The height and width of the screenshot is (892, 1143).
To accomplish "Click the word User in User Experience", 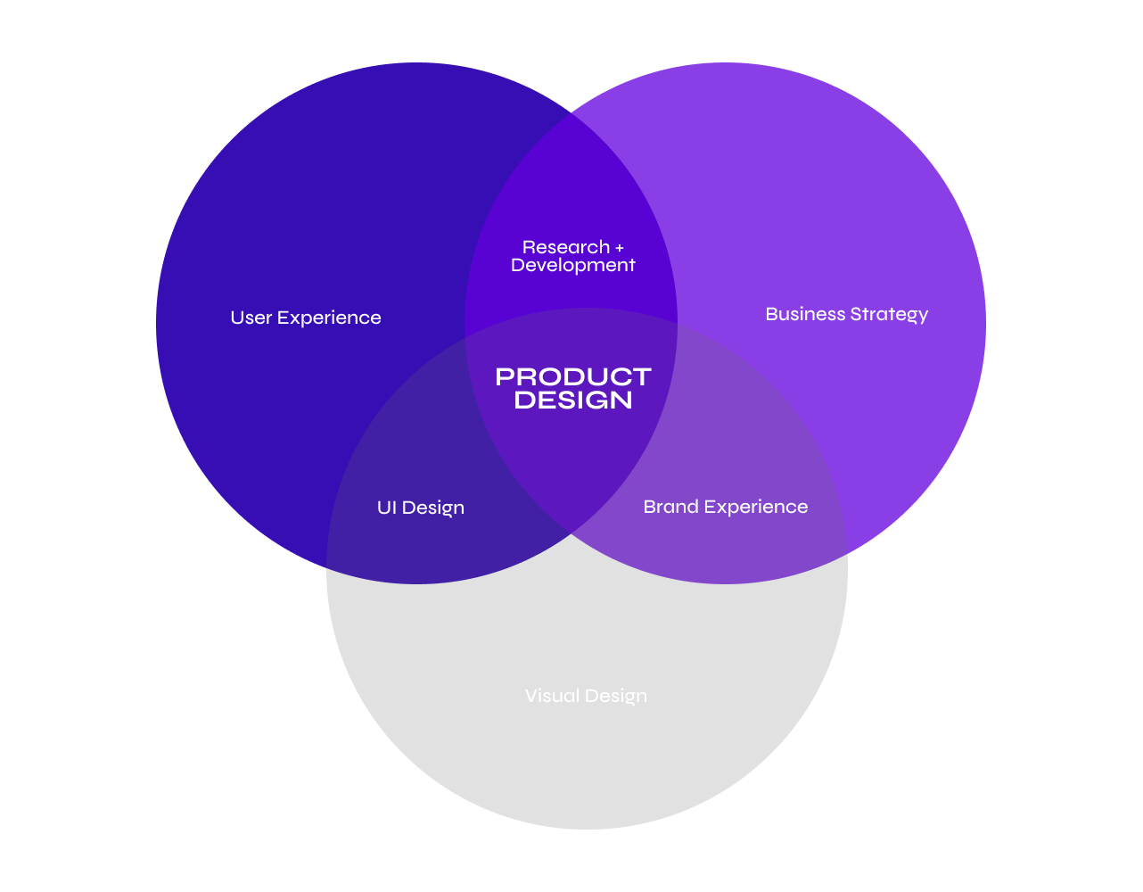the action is (251, 318).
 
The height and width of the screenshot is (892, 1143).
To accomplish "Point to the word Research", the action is (566, 247).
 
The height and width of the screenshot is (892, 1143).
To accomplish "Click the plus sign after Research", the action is (620, 247).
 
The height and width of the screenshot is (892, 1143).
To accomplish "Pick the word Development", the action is (573, 265).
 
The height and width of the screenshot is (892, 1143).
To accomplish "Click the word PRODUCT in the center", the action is (573, 376).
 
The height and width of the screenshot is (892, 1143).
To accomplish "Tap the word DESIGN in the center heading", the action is (573, 401).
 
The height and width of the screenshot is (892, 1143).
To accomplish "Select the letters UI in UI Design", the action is (387, 508).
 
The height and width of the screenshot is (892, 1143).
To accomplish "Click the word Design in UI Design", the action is (433, 508).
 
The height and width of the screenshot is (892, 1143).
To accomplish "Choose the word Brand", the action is (670, 507).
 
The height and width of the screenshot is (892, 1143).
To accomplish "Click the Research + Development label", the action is (573, 256).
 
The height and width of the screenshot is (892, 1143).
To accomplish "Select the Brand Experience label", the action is (726, 507).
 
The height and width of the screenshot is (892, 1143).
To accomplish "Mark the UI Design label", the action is (421, 508).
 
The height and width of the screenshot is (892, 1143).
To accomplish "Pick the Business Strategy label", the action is (847, 314).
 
